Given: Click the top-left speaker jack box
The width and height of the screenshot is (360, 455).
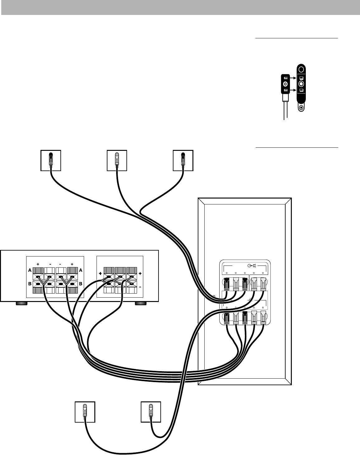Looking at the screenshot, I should [51, 160].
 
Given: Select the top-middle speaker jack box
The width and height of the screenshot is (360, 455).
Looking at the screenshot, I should [117, 160].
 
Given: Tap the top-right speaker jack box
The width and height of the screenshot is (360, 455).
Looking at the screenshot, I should [183, 160].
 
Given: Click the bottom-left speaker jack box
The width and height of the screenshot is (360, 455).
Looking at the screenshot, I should [85, 412].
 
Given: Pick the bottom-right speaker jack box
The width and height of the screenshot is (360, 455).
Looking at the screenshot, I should [151, 412].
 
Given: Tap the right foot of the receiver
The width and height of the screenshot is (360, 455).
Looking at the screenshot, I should [140, 303].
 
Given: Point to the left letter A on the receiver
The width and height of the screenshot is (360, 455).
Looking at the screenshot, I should [30, 271].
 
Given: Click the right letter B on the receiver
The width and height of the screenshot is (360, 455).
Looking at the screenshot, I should [81, 284].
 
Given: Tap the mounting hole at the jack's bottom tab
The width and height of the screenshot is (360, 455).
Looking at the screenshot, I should [301, 108].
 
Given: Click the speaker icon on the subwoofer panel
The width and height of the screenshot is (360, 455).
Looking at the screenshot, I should [254, 266].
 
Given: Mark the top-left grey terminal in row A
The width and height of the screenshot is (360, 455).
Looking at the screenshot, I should [38, 271].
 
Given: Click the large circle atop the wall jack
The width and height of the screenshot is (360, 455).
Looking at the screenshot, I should [301, 69].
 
